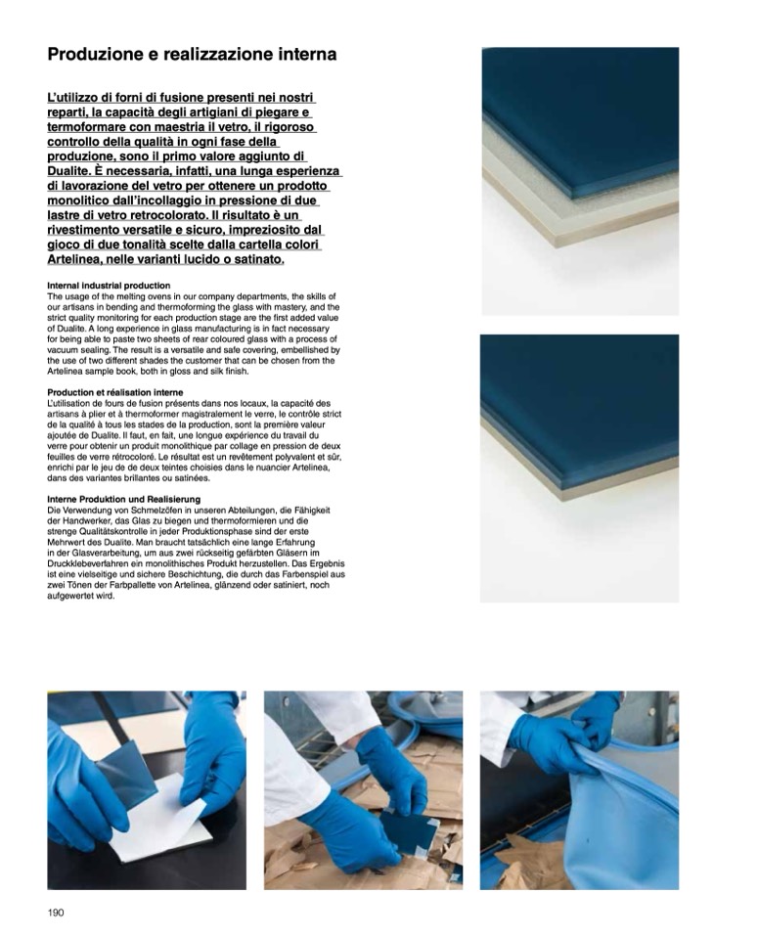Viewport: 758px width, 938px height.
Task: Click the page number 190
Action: [x=55, y=913]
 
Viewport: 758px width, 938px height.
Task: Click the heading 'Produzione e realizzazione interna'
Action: [x=192, y=55]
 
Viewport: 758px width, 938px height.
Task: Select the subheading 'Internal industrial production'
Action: [x=109, y=286]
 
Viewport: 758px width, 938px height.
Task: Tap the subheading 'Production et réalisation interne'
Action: [x=115, y=392]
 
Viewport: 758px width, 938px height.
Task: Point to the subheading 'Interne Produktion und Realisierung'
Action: [x=124, y=499]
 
